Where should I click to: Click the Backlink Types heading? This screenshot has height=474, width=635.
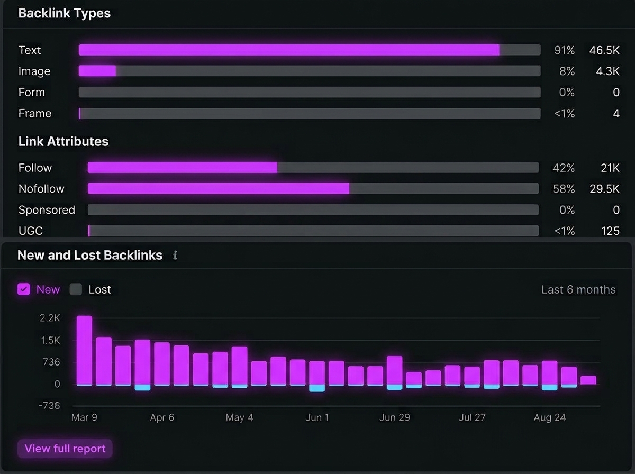(x=65, y=13)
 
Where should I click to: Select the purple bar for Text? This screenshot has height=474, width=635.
(x=289, y=50)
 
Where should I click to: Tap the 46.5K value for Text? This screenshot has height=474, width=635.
(x=604, y=50)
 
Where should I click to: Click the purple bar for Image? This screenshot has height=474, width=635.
(x=97, y=71)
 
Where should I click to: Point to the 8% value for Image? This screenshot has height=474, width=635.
(x=567, y=71)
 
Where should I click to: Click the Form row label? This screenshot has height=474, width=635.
(x=32, y=92)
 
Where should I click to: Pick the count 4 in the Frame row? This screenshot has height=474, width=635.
(x=616, y=113)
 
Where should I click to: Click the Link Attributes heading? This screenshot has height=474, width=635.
(x=63, y=141)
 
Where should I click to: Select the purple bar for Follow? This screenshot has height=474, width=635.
(x=183, y=168)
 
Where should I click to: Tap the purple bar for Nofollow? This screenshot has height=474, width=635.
(x=219, y=189)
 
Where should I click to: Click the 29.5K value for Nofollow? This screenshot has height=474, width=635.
(x=605, y=189)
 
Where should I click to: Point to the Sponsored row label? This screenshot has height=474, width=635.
(x=47, y=210)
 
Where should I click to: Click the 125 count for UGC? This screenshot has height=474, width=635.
(x=611, y=231)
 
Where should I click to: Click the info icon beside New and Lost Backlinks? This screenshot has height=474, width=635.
(x=175, y=256)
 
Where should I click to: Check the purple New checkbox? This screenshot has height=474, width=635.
(x=24, y=289)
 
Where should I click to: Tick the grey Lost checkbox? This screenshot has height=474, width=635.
(x=76, y=289)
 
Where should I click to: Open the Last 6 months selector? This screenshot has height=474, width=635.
(x=578, y=290)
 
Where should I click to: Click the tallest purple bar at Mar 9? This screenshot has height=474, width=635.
(x=84, y=350)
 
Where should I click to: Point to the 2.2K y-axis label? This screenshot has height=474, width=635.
(x=50, y=318)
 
